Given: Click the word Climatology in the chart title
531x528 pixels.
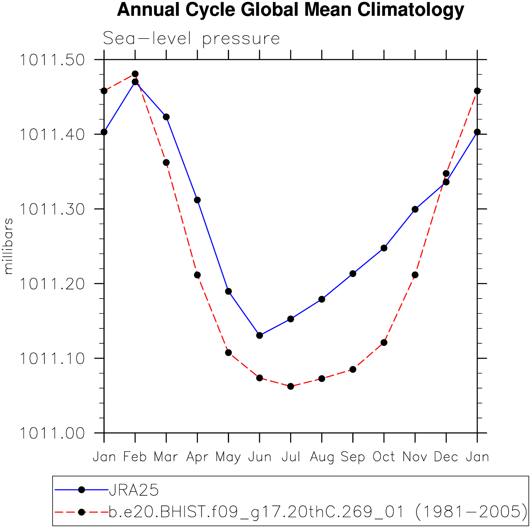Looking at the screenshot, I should [411, 10].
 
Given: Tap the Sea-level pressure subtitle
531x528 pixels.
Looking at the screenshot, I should [191, 38].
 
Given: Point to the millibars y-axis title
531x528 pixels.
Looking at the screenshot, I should [8, 246].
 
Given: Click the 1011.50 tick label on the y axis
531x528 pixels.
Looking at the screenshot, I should [52, 60].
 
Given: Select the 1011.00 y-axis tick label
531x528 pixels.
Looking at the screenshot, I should [52, 433].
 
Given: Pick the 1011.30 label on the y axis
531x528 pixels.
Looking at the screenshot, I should [52, 209].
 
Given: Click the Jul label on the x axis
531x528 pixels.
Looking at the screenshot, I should [291, 457].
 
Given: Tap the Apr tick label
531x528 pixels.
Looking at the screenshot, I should [197, 457].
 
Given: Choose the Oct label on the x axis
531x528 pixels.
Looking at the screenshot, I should [384, 457].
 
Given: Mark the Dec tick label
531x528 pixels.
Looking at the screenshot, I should [446, 457].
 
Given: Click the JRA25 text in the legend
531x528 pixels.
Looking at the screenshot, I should [134, 490].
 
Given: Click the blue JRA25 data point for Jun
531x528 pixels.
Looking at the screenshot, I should [260, 335].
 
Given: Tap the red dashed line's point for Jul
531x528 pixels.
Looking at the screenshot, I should [291, 386].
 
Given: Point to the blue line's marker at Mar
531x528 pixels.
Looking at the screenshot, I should [166, 117].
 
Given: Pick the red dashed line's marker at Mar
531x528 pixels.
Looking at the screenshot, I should [166, 162].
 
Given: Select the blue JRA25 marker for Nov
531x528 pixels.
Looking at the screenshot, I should [415, 209].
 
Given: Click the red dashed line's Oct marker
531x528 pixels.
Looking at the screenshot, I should [384, 342].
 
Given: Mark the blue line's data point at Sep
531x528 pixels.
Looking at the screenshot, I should [353, 274].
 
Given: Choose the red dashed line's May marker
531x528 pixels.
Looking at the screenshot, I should [228, 353].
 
